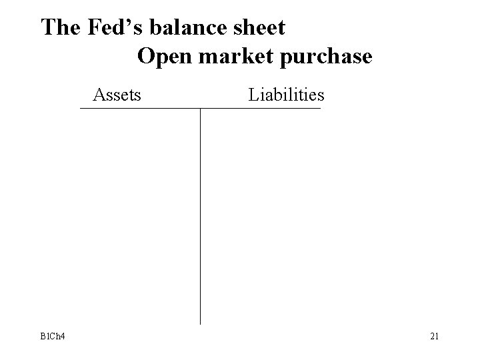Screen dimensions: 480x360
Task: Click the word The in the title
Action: point(61,28)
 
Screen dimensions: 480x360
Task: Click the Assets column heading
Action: point(117,95)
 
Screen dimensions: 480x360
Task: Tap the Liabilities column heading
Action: point(286,95)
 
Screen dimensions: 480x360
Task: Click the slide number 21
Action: point(433,336)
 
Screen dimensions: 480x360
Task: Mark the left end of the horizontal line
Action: point(81,108)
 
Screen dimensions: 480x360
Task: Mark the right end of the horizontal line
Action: point(320,108)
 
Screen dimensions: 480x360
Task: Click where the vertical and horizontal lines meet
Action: point(201,108)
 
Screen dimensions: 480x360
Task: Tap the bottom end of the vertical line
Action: point(201,324)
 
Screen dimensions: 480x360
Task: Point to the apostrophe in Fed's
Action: point(123,21)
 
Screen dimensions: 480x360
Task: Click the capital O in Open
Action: point(147,56)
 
